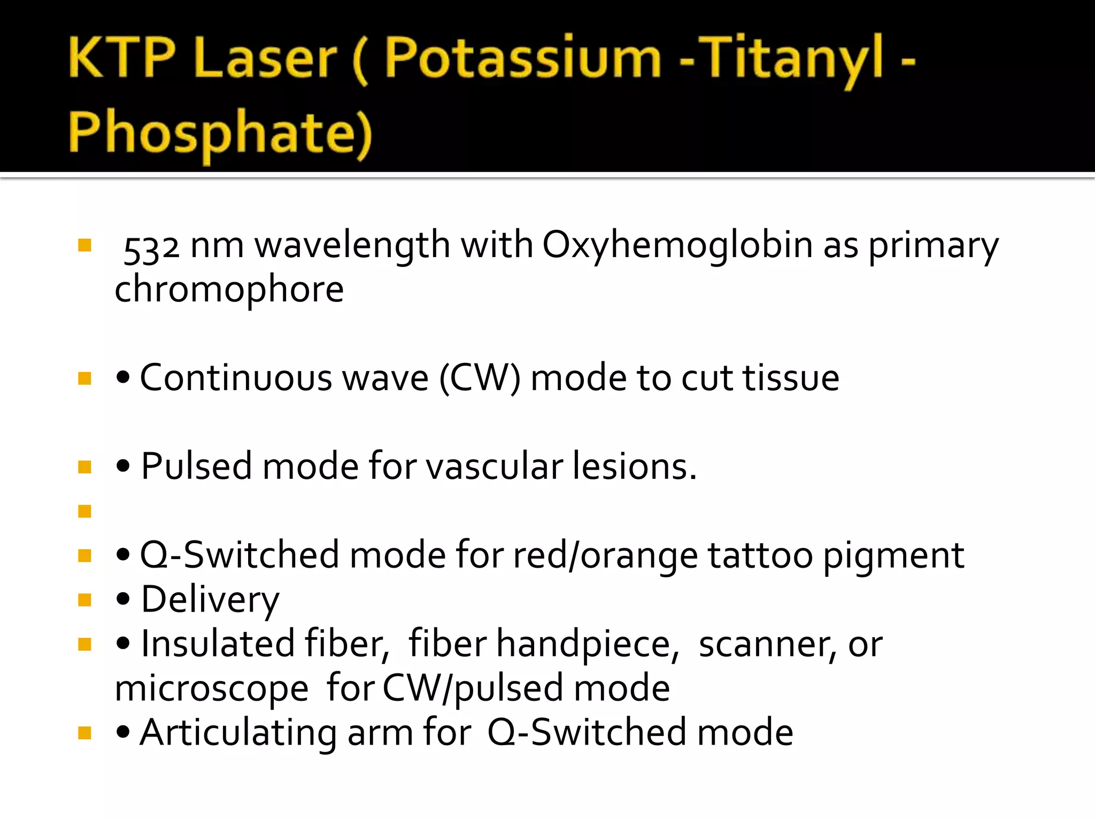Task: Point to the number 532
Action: pyautogui.click(x=151, y=247)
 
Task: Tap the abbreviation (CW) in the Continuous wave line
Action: pyautogui.click(x=480, y=378)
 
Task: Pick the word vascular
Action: pyautogui.click(x=494, y=467)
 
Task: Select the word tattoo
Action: pyautogui.click(x=760, y=555)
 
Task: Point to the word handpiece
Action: pyautogui.click(x=587, y=645)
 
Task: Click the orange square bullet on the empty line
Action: pyautogui.click(x=84, y=512)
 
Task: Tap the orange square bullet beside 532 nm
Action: pyautogui.click(x=84, y=245)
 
